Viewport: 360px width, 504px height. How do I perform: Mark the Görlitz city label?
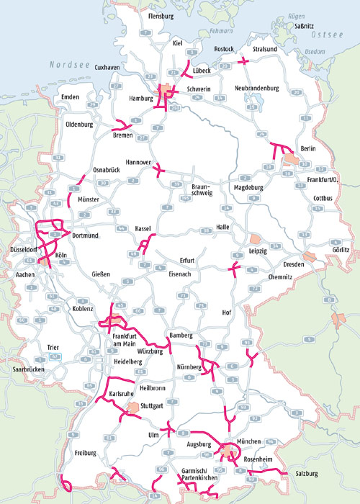tap(340, 249)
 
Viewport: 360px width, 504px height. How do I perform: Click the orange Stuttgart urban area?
tap(132, 409)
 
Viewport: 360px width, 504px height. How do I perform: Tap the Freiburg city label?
tap(84, 453)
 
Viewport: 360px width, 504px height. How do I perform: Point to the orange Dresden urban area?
tap(310, 257)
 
